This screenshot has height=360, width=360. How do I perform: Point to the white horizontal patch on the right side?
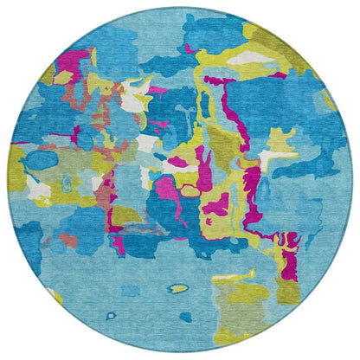pyautogui.click(x=275, y=156)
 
